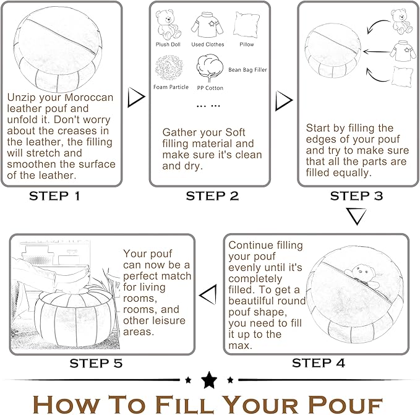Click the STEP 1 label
tap(54, 196)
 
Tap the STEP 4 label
tap(318, 363)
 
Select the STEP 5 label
tap(96, 363)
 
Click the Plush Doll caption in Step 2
tap(168, 45)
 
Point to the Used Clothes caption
tap(208, 45)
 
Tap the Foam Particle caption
tap(171, 87)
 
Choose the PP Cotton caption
tap(210, 88)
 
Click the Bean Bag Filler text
tap(247, 70)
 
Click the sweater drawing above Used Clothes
tap(207, 25)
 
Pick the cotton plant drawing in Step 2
tap(210, 69)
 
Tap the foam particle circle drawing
tap(169, 68)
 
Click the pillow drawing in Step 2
tap(246, 25)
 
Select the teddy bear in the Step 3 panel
tap(401, 21)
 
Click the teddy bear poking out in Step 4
tap(362, 276)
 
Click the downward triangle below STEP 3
tap(356, 216)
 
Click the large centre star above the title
tap(209, 380)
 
